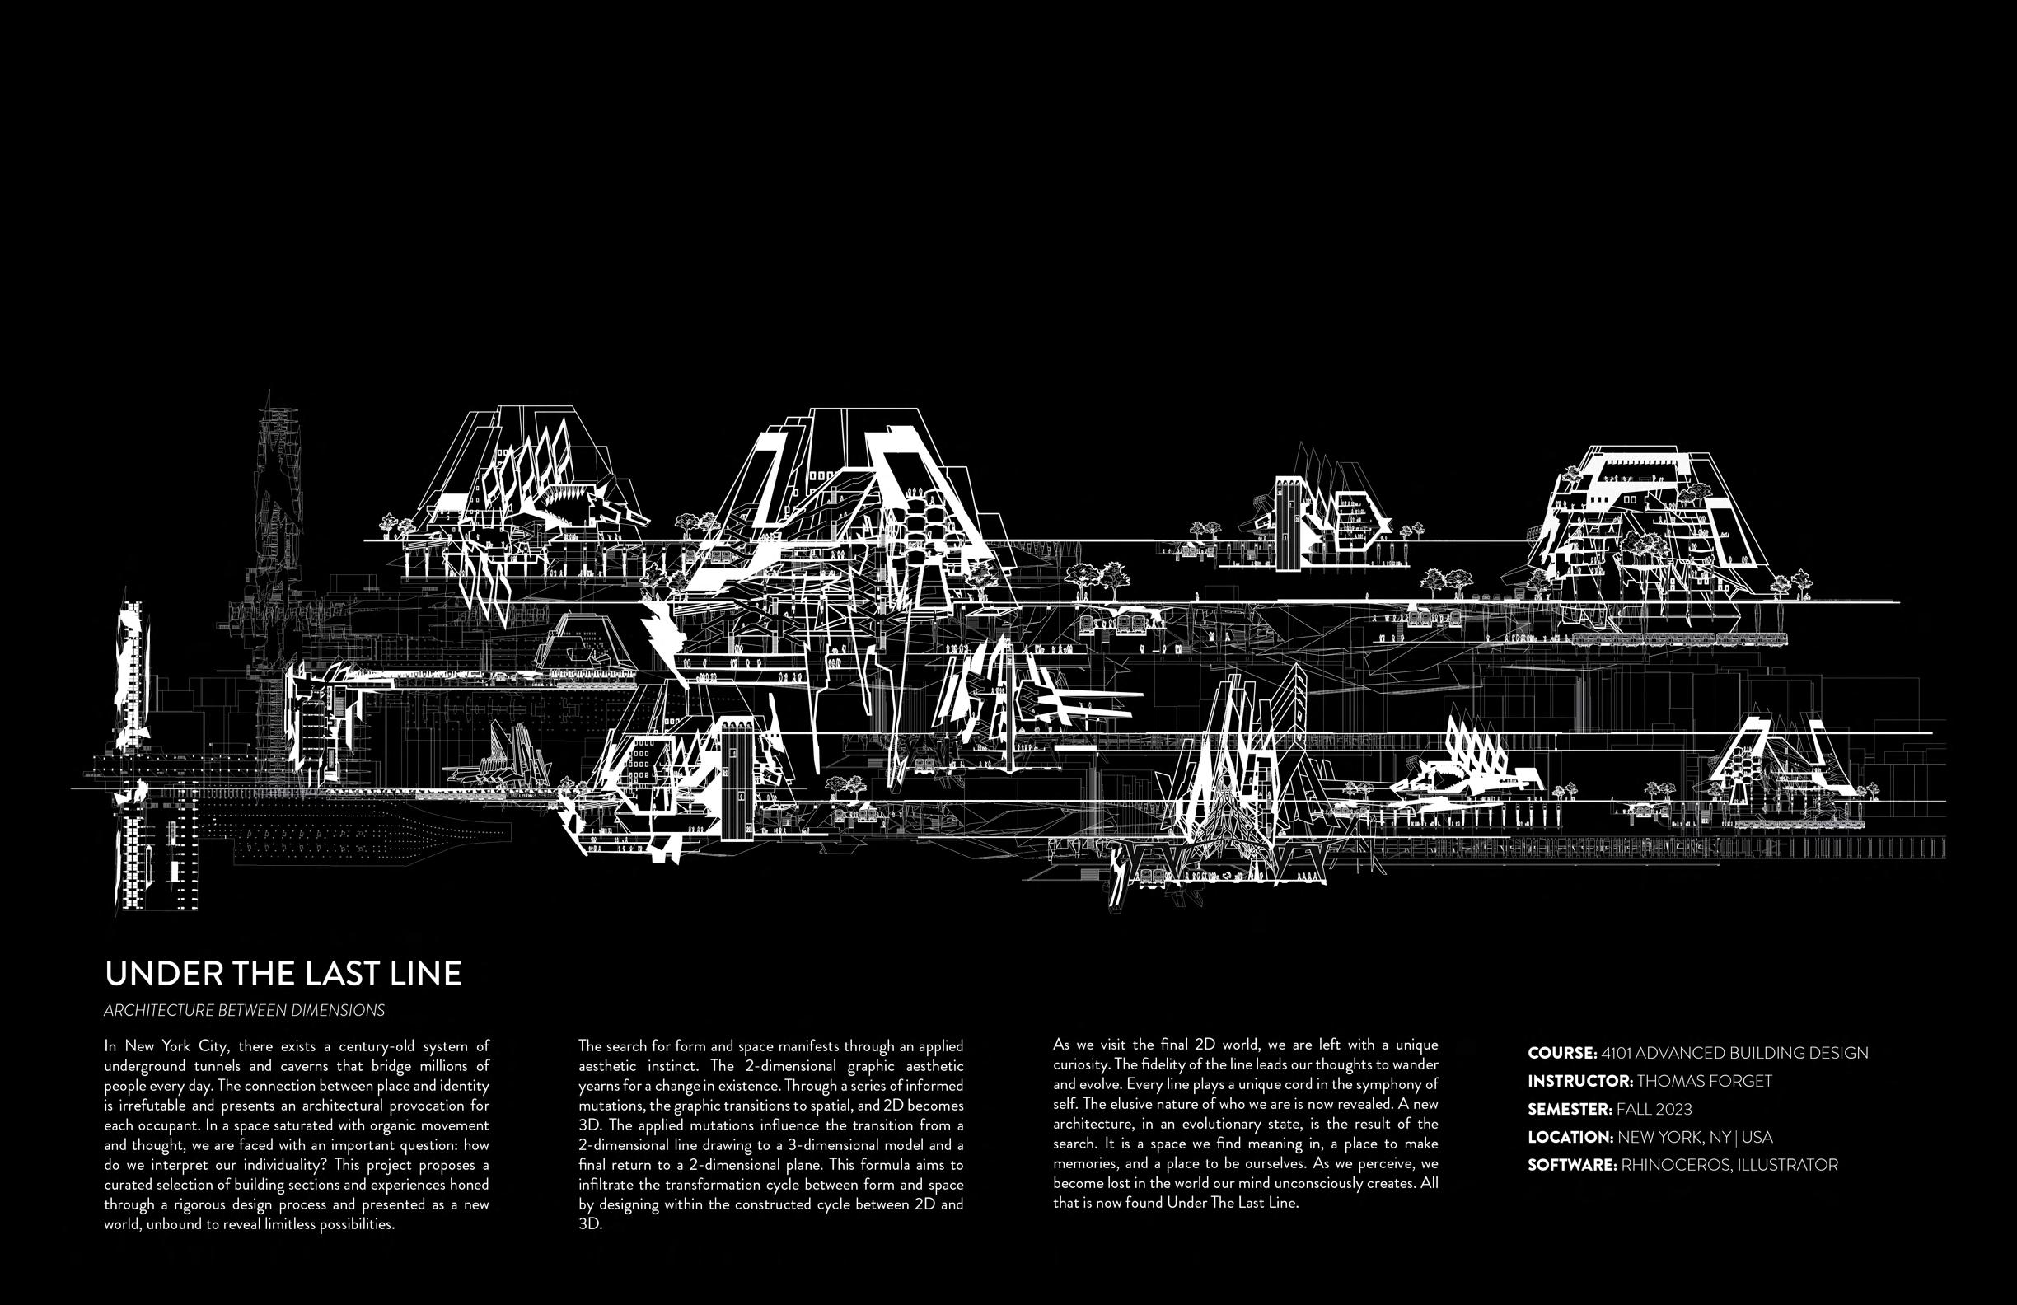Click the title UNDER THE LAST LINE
click(x=283, y=974)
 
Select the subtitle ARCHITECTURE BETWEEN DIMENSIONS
click(x=244, y=1010)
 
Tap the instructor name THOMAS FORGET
click(x=1704, y=1081)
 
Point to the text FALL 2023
click(x=1654, y=1109)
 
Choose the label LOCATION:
click(x=1570, y=1137)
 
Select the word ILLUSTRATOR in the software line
click(x=1787, y=1165)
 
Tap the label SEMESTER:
click(x=1570, y=1109)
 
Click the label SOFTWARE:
click(x=1572, y=1165)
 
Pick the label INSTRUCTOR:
click(x=1579, y=1081)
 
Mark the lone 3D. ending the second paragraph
click(x=590, y=1224)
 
